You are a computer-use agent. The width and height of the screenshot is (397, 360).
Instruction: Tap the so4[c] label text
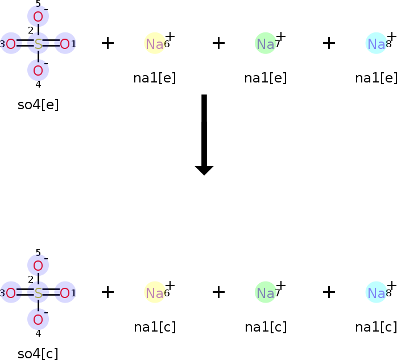(38, 353)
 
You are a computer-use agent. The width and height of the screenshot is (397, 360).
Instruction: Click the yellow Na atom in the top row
(154, 44)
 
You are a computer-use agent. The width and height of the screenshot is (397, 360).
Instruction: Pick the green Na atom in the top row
(265, 44)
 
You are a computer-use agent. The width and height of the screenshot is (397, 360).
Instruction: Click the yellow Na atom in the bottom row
(154, 293)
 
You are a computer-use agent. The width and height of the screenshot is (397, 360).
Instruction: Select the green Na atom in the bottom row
(265, 293)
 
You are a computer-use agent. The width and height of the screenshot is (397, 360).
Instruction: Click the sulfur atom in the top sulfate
(38, 44)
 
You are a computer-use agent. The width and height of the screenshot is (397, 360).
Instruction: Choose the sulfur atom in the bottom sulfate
(38, 293)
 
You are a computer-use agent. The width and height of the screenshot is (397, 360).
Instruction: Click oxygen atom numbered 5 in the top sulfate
(38, 16)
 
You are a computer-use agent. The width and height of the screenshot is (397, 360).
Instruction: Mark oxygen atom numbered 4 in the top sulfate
(38, 71)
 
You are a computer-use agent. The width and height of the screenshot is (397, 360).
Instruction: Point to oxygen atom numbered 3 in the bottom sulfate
(11, 293)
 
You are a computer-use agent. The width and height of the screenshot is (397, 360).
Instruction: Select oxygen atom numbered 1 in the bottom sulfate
(65, 293)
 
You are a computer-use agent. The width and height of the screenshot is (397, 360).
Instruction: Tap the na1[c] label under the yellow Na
(155, 327)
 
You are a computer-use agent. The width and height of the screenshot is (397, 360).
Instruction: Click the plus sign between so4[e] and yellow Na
(107, 43)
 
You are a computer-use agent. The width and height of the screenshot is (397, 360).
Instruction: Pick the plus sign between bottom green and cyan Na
(329, 292)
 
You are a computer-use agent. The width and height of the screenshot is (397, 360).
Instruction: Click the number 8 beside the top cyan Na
(388, 45)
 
